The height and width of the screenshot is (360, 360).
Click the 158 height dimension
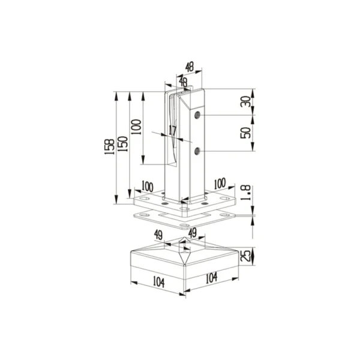point(110,146)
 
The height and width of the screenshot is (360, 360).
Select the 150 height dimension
point(123,144)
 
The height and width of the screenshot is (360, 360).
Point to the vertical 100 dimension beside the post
point(136,127)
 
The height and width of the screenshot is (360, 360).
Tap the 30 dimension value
point(245,101)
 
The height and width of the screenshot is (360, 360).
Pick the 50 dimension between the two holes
point(245,133)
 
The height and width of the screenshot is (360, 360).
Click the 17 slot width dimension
point(172,130)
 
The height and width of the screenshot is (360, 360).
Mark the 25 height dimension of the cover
point(245,256)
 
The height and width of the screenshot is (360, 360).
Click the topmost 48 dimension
point(190,67)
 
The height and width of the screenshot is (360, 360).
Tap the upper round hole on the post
point(197,115)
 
